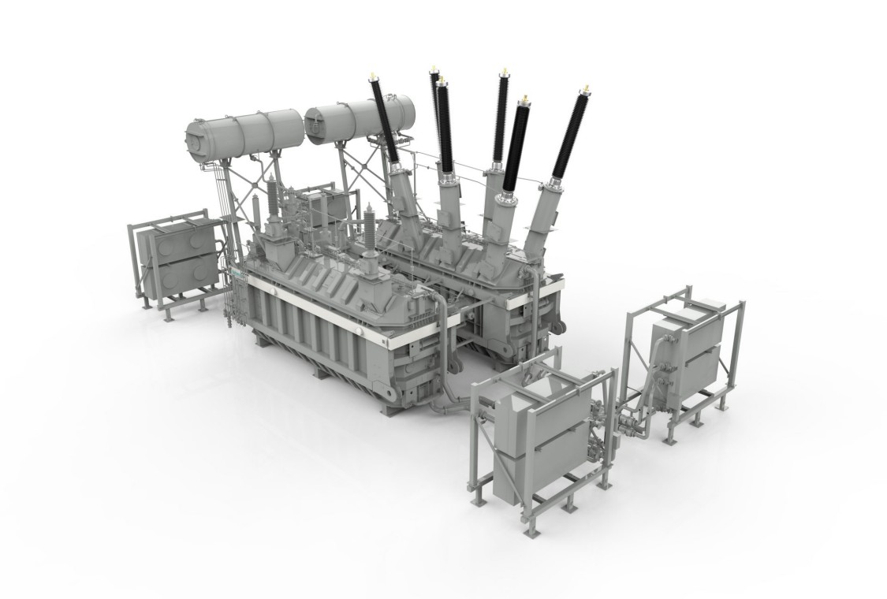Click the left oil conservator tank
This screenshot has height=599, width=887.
click(244, 132)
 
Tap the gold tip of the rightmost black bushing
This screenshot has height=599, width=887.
click(585, 86)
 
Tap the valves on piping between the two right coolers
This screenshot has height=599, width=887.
click(631, 426)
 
